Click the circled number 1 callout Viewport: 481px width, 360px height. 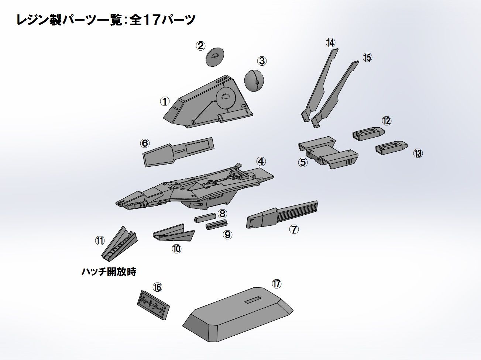pyautogui.click(x=165, y=101)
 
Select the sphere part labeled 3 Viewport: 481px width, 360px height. pyautogui.click(x=254, y=80)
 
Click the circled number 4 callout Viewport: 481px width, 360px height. pyautogui.click(x=261, y=161)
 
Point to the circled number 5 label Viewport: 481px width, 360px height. pyautogui.click(x=303, y=162)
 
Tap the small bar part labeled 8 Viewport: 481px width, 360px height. pyautogui.click(x=205, y=218)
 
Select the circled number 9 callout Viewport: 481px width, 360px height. pyautogui.click(x=227, y=234)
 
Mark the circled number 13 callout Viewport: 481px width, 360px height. pyautogui.click(x=418, y=153)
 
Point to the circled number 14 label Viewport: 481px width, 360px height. pyautogui.click(x=330, y=42)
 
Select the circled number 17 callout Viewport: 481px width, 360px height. pyautogui.click(x=276, y=284)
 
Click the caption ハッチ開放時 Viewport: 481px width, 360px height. pyautogui.click(x=109, y=272)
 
